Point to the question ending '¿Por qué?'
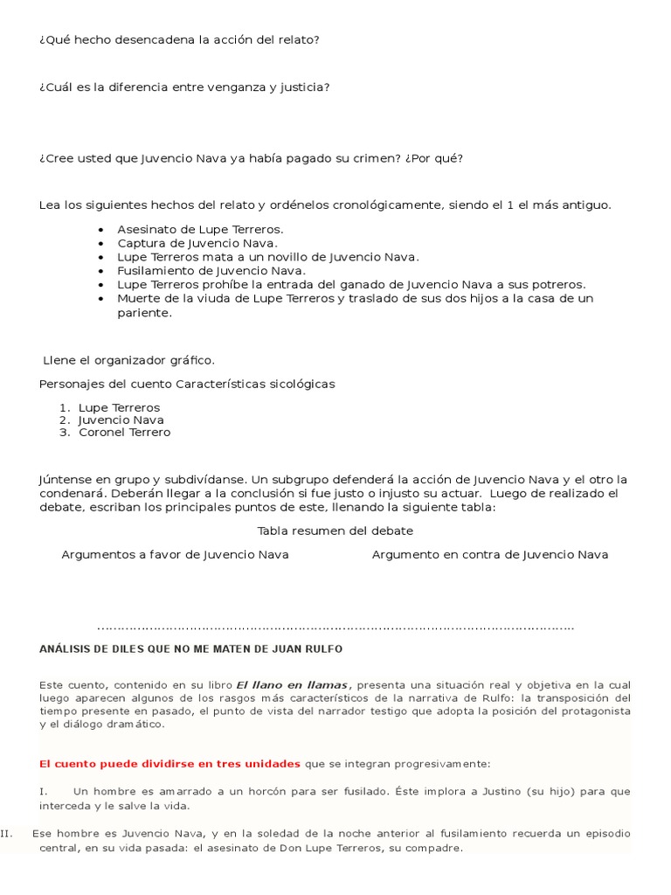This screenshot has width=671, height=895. coord(251,158)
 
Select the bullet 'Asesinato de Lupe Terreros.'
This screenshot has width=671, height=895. coord(200,229)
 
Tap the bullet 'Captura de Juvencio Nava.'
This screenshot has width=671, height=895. coord(197,243)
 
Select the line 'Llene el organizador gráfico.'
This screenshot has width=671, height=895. coord(128,360)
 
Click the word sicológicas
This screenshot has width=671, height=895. coord(294,384)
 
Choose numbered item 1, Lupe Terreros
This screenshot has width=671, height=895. coord(119,407)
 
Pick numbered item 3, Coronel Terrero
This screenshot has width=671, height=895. coord(124,432)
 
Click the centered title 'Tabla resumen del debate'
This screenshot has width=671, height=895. coord(335,531)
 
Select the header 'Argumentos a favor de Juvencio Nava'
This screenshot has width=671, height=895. coord(175,554)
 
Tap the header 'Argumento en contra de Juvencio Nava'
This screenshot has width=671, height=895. coord(490,554)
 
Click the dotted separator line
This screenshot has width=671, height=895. coord(335,627)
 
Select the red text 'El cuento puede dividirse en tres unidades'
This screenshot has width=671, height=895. coord(169,763)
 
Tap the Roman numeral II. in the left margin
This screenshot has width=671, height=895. coord(7,833)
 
